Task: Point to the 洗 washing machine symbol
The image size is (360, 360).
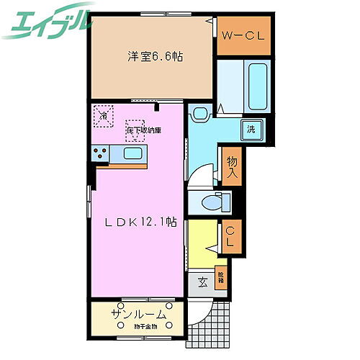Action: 251,130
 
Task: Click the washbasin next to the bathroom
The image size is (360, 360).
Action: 200,112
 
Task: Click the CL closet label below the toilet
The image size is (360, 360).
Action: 231,237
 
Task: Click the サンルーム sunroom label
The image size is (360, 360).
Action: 139,315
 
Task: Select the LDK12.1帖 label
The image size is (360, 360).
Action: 138,222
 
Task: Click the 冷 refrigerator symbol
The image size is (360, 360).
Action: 104,115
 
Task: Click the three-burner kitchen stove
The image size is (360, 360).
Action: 99,153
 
